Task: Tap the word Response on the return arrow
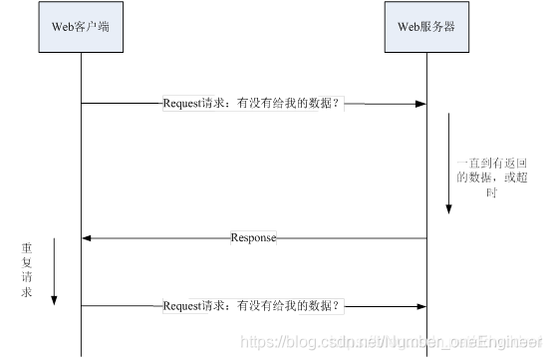pos(253,238)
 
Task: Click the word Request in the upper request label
pos(181,103)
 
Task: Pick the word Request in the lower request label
pos(181,305)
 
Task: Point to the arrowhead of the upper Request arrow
pos(420,103)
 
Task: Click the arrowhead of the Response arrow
pos(87,238)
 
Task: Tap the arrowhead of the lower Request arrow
pos(420,305)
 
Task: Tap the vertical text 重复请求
pos(27,270)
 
